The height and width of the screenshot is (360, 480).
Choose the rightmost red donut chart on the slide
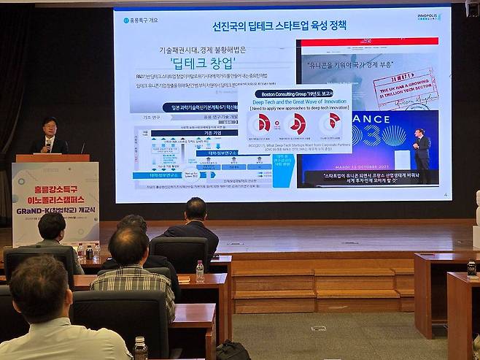[333, 122]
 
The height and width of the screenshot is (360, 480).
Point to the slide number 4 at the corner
[445, 194]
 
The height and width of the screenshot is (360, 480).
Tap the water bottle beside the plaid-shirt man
[199, 271]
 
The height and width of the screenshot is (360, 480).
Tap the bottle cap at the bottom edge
[140, 341]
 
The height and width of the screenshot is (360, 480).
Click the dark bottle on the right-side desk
[471, 267]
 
